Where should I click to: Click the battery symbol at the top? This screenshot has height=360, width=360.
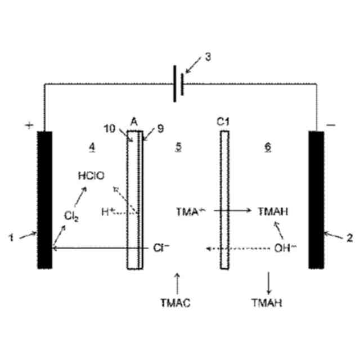pyautogui.click(x=178, y=85)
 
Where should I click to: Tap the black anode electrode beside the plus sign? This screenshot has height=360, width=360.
pyautogui.click(x=44, y=200)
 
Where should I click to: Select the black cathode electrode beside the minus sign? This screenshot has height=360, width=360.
pyautogui.click(x=316, y=200)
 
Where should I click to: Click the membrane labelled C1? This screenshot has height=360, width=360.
pyautogui.click(x=224, y=200)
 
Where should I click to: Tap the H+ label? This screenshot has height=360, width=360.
pyautogui.click(x=108, y=212)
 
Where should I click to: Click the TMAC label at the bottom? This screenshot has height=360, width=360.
pyautogui.click(x=178, y=303)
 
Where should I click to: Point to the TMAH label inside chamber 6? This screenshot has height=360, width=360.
pyautogui.click(x=273, y=212)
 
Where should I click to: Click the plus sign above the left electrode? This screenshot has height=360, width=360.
pyautogui.click(x=29, y=125)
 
